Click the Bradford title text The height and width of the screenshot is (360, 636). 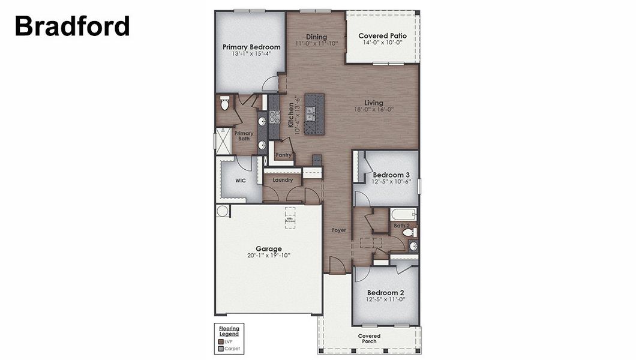pos(72,26)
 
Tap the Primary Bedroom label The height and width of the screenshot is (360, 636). pos(251,47)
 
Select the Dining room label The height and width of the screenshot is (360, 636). pos(316,36)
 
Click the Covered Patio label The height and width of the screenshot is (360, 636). pos(382,36)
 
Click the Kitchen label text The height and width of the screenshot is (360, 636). pos(291,115)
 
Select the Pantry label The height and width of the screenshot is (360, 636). pos(284,155)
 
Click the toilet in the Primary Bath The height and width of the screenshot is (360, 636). pos(225,104)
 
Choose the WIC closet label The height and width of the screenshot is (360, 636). pos(241,180)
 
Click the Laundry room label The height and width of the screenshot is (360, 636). pos(282,180)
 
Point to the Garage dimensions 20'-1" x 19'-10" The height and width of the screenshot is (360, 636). pos(268,256)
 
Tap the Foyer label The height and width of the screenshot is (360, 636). pos(339,230)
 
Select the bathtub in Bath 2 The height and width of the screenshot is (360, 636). pos(403,214)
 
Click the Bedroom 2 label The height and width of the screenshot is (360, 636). pos(387,292)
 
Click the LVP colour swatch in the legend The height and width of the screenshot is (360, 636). pos(221,341)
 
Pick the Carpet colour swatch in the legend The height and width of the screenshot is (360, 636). pos(221,348)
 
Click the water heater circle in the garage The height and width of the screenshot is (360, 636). pos(223,211)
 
